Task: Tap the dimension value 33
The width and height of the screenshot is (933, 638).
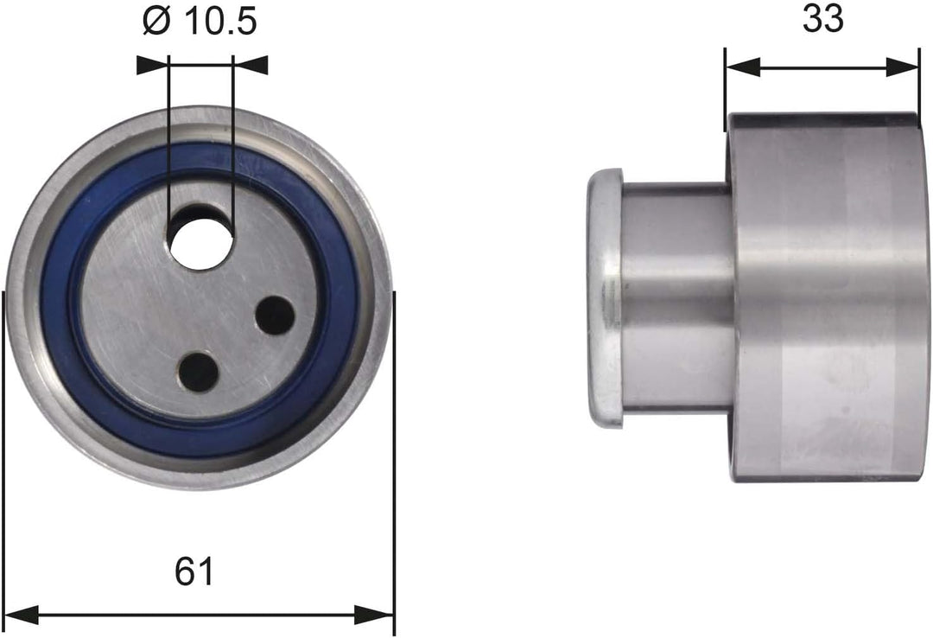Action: click(x=822, y=18)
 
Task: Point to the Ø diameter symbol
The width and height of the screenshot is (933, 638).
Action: click(x=156, y=22)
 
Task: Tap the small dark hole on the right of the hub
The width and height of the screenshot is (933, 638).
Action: click(x=276, y=316)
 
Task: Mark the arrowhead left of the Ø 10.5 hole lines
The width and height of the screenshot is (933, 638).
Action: click(x=153, y=64)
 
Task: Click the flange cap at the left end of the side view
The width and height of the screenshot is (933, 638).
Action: click(x=604, y=296)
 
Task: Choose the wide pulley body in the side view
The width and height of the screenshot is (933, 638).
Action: click(x=825, y=296)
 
